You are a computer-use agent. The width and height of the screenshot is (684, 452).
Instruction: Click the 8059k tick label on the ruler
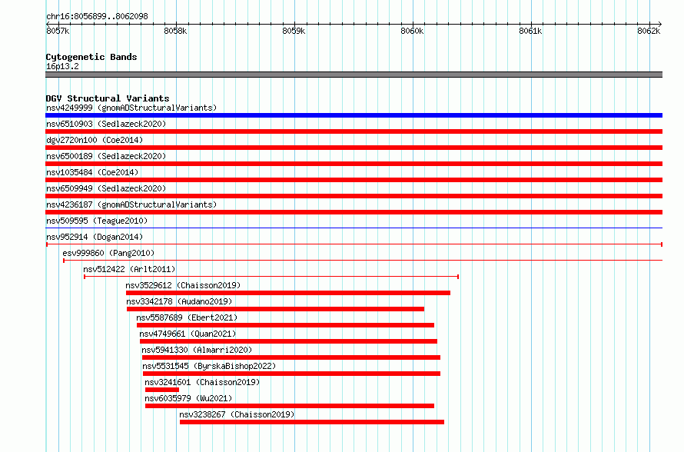coord(294,31)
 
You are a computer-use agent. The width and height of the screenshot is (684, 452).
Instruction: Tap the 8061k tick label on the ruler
coord(530,31)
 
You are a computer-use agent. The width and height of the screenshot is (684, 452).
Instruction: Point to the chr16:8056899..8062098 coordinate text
coord(97,17)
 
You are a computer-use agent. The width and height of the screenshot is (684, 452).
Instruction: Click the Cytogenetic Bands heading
coord(91,57)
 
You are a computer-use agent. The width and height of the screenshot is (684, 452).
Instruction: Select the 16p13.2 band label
coord(62,66)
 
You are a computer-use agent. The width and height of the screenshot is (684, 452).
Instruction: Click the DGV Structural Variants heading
coord(108,98)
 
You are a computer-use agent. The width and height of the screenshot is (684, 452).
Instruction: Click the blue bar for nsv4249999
coord(354,115)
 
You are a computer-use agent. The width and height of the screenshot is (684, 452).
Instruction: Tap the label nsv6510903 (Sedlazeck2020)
coord(106,124)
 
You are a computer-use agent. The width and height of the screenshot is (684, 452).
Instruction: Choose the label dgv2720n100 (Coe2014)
coord(95,140)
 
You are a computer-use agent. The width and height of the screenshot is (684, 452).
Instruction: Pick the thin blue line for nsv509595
coord(354,228)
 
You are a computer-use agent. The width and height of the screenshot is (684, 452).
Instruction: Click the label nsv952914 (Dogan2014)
coord(95,237)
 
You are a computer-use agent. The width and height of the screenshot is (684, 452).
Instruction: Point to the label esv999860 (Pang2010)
coord(108,253)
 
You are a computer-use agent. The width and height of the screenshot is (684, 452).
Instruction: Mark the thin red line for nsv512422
coord(271,277)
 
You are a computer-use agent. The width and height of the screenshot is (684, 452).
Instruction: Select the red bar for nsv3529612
coord(288,293)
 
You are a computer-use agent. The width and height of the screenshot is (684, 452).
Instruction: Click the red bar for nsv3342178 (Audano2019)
coord(275,309)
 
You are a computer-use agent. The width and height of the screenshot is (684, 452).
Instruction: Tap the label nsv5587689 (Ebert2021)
coord(187,317)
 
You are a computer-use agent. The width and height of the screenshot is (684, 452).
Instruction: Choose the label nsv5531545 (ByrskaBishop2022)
coord(209,366)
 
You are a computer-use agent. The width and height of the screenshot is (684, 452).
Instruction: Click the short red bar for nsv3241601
coord(162,390)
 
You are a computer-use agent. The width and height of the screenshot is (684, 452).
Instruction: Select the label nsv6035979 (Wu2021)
coord(188,398)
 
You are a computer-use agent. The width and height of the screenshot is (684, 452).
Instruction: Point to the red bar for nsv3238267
coord(312,422)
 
